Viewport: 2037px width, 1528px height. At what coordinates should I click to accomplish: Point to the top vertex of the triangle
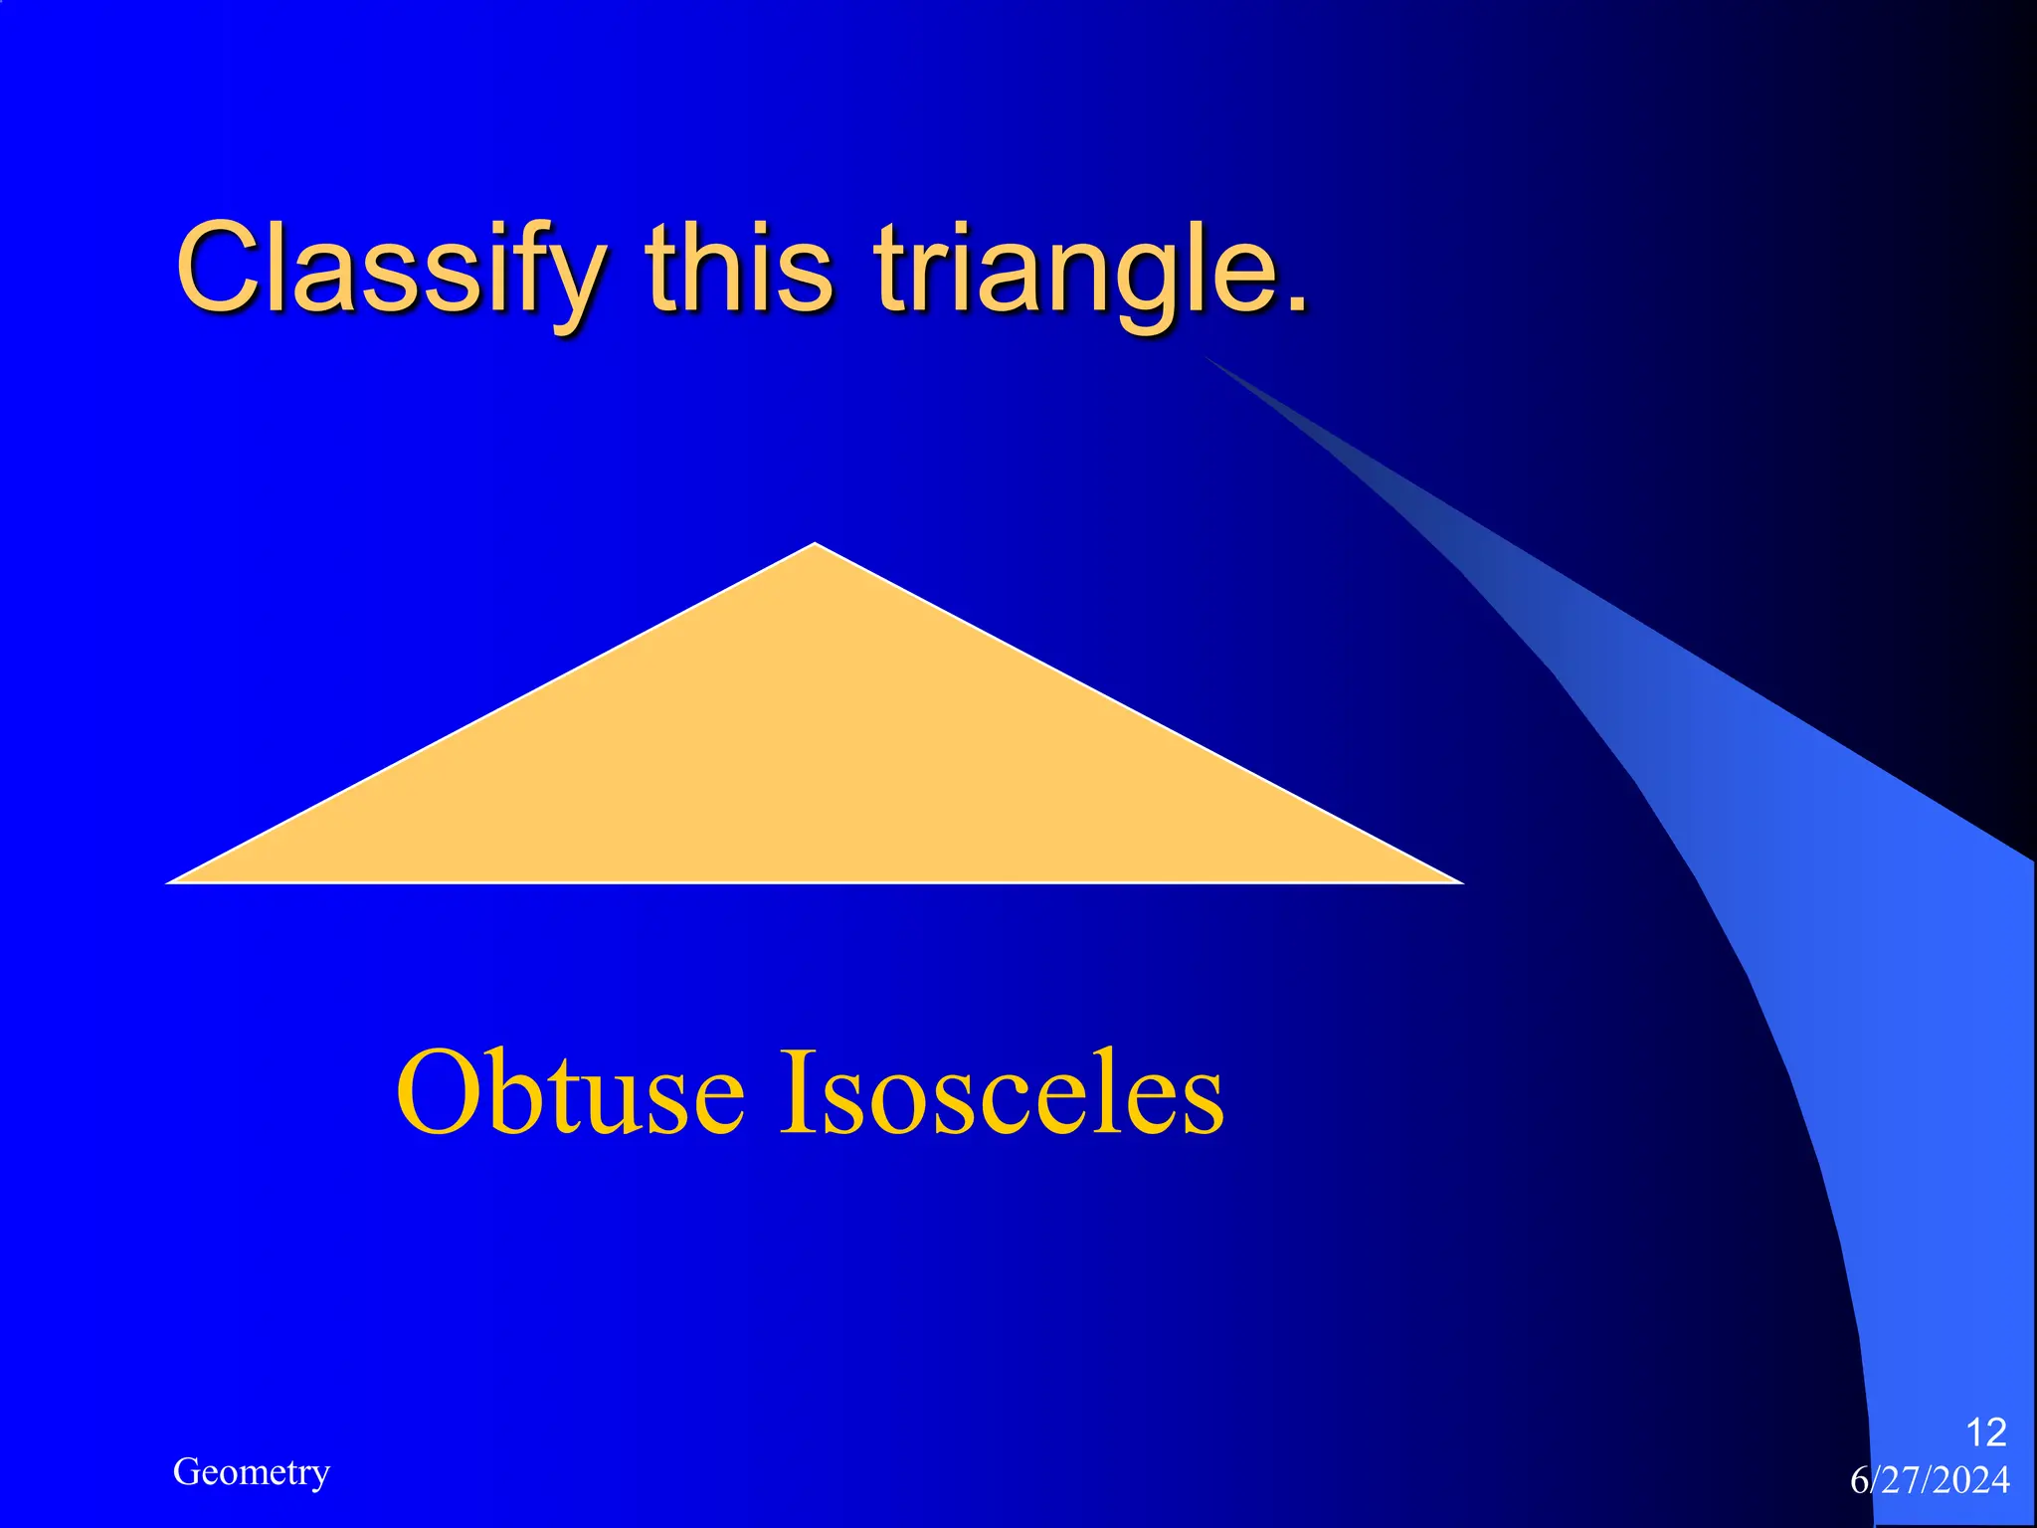815,546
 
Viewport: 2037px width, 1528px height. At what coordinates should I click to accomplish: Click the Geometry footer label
251,1472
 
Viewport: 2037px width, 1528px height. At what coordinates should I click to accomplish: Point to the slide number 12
1985,1432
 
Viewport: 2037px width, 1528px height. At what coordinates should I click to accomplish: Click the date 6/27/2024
1930,1480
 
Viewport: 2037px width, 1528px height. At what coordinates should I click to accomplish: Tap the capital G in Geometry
185,1471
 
